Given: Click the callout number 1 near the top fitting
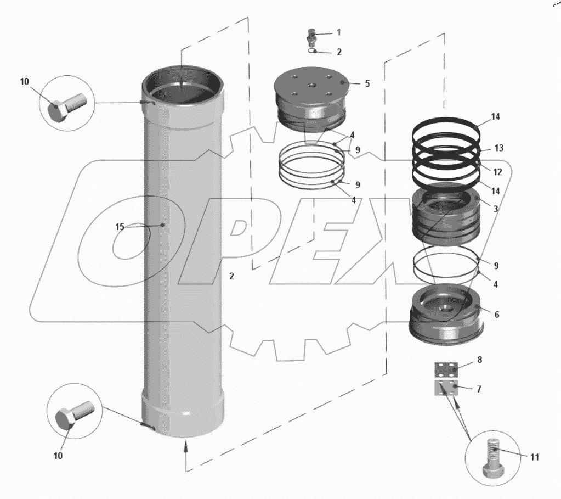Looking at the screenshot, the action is coord(338,32).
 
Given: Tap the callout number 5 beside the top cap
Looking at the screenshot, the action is coord(367,83).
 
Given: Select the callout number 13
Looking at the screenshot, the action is coord(498,148).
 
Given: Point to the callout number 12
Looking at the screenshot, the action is coord(498,172).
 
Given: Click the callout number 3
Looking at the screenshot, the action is coord(496,209).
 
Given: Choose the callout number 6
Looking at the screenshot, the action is coord(497,315).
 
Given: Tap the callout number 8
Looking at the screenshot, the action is coord(480,360).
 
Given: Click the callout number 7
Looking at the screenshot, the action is coord(479,389).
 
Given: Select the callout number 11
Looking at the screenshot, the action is coord(534,457).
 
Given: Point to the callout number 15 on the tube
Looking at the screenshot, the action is coord(120,227).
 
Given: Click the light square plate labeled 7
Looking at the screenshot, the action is coord(446,388).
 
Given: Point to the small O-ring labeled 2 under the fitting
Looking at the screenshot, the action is coord(312,51).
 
